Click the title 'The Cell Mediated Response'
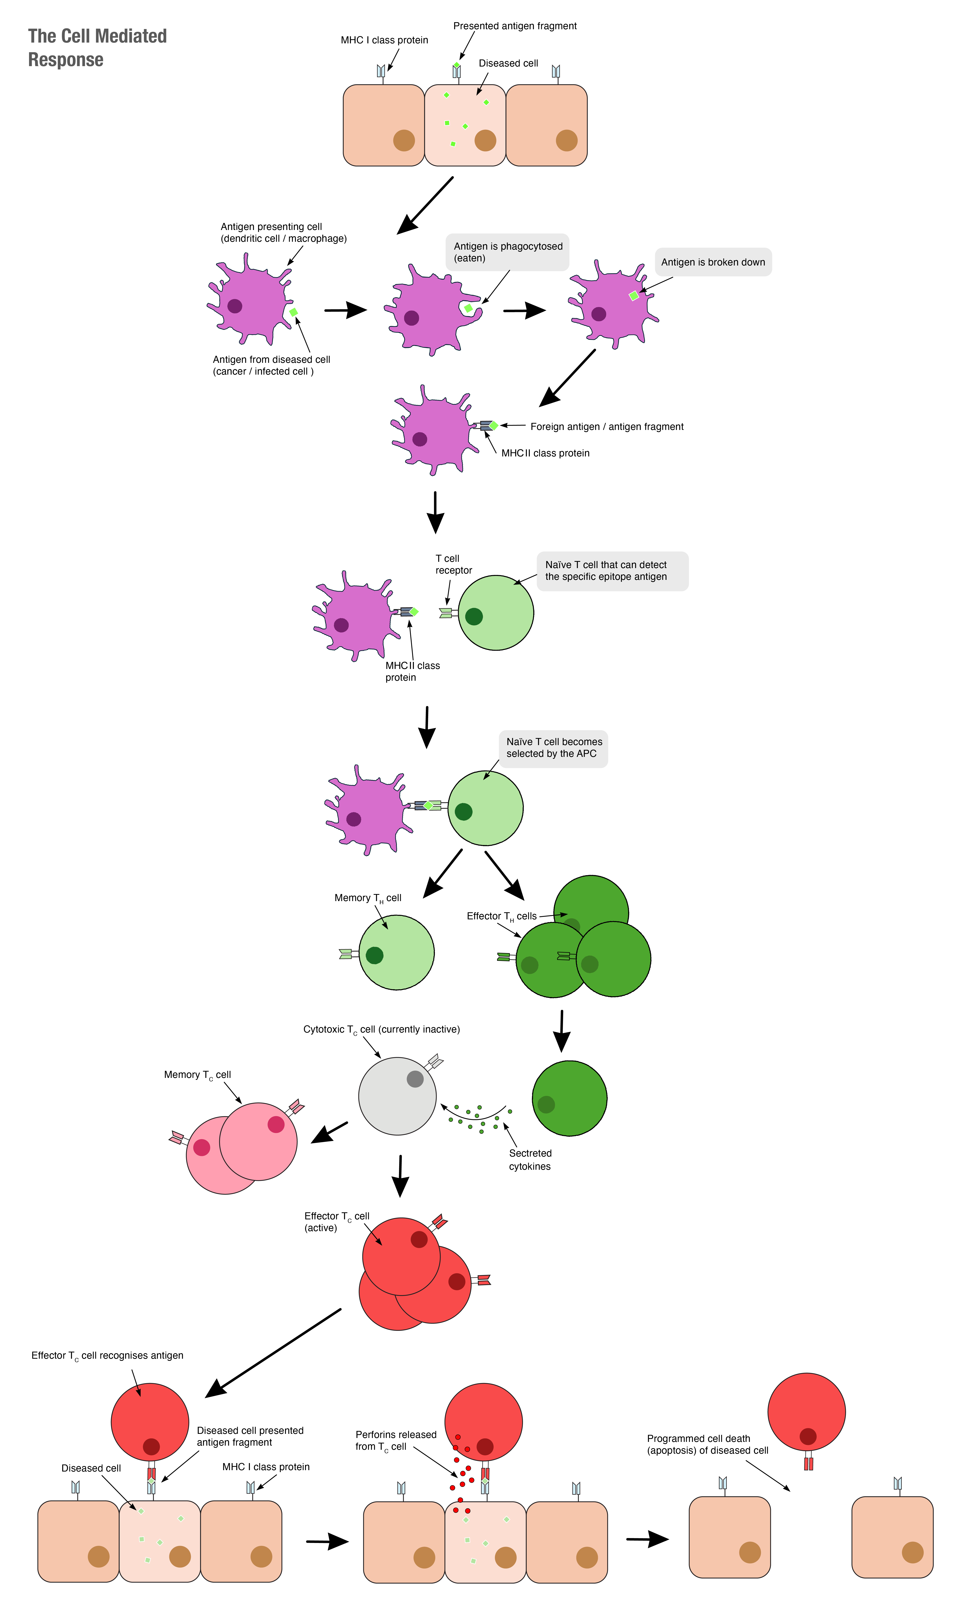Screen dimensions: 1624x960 point(97,47)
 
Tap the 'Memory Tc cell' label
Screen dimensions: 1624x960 point(197,1075)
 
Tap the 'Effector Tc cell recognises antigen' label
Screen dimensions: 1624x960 point(107,1356)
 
